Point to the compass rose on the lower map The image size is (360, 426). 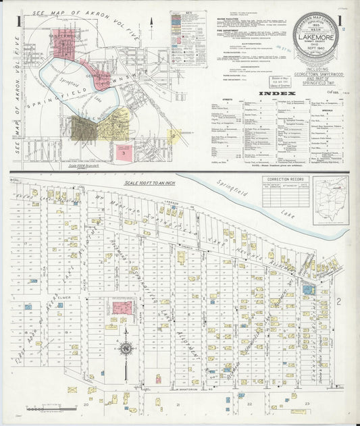126,349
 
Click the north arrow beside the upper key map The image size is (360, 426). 152,22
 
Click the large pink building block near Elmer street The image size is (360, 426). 122,309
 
